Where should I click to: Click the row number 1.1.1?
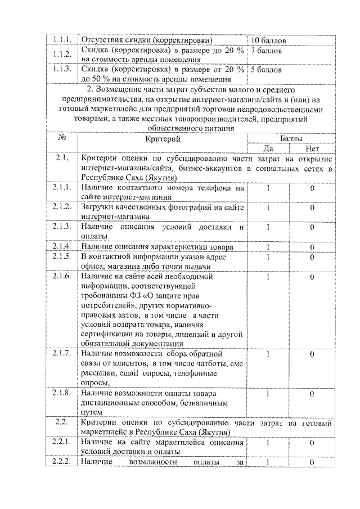(x=60, y=40)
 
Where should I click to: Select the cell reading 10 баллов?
(x=269, y=41)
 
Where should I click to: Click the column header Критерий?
(x=163, y=138)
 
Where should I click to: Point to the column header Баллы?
(x=291, y=138)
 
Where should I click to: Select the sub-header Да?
(x=268, y=148)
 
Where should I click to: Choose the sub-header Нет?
(x=312, y=148)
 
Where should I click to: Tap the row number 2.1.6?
(x=60, y=276)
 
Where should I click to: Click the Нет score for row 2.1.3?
(x=312, y=227)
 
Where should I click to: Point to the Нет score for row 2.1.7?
(x=312, y=354)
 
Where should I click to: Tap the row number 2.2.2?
(x=60, y=462)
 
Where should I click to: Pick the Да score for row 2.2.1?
(x=268, y=443)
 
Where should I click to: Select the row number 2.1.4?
(x=60, y=246)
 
